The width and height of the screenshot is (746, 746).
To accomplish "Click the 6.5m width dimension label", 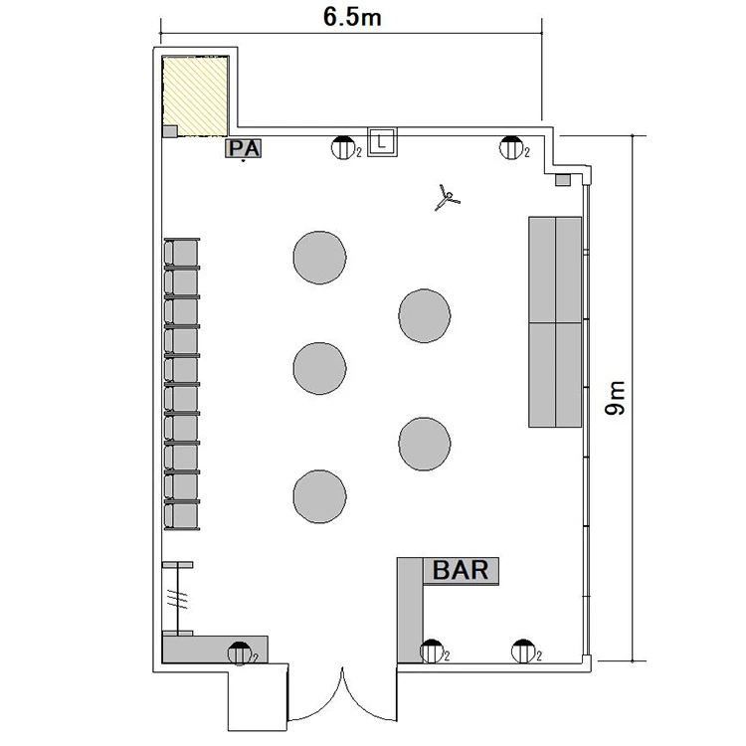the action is pyautogui.click(x=352, y=18).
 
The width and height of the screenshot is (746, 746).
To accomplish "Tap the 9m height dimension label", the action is pyautogui.click(x=615, y=398).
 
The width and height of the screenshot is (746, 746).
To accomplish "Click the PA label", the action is pyautogui.click(x=243, y=148).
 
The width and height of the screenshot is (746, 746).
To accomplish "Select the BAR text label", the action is pyautogui.click(x=461, y=570).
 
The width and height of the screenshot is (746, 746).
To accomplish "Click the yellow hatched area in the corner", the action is pyautogui.click(x=195, y=96).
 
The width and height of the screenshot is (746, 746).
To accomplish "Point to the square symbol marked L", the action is pyautogui.click(x=382, y=141).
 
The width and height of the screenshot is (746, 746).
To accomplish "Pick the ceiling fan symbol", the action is pyautogui.click(x=447, y=198).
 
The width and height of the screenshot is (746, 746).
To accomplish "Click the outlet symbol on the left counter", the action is pyautogui.click(x=240, y=653).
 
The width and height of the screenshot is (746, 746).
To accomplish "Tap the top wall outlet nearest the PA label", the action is pyautogui.click(x=343, y=147).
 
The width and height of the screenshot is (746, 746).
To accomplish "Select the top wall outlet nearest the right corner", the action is pyautogui.click(x=511, y=147).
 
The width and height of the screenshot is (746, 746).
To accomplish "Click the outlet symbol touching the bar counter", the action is pyautogui.click(x=432, y=652).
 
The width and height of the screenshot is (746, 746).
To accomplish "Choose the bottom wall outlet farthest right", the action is pyautogui.click(x=523, y=652).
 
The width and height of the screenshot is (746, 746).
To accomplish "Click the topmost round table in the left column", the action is pyautogui.click(x=319, y=258).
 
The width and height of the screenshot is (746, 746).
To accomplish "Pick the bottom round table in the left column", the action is pyautogui.click(x=319, y=496).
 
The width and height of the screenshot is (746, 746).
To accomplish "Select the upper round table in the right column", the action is pyautogui.click(x=425, y=315).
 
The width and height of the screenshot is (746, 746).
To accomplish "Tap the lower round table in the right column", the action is pyautogui.click(x=425, y=444).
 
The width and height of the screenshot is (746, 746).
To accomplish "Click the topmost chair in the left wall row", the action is pyautogui.click(x=182, y=253).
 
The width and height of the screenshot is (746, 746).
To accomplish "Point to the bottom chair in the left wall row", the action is pyautogui.click(x=182, y=515).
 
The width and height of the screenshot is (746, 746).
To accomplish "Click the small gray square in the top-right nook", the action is pyautogui.click(x=563, y=180).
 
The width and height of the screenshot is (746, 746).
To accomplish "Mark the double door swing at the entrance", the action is pyautogui.click(x=342, y=694).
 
